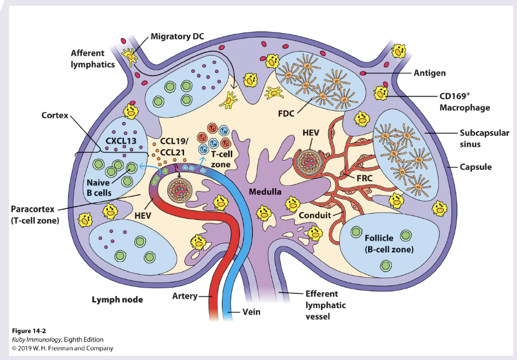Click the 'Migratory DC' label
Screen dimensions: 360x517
(x=177, y=36)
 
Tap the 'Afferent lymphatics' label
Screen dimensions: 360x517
(x=93, y=59)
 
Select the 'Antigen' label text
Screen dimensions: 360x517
(x=429, y=73)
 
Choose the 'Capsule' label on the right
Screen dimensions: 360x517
(x=475, y=167)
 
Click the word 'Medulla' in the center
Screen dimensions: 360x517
(x=265, y=192)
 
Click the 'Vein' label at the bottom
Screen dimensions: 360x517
(x=251, y=312)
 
